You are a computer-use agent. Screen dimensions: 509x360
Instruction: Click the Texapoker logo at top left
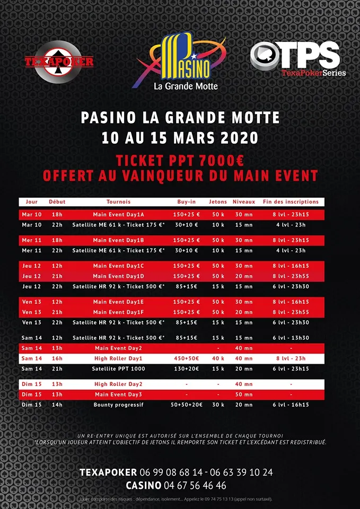(x=59, y=62)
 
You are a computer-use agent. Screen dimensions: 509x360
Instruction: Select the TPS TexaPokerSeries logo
(x=298, y=58)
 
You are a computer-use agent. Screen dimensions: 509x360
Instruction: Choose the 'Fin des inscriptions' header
(x=291, y=201)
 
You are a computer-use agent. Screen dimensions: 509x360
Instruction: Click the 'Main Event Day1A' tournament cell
(x=118, y=215)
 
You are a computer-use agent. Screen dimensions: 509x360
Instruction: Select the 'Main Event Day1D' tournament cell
(x=118, y=276)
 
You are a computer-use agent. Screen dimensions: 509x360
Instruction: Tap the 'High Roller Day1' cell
(x=118, y=358)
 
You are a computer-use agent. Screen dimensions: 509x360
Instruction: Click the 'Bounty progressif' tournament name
(x=118, y=405)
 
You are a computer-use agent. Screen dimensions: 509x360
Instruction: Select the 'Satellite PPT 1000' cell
(x=118, y=368)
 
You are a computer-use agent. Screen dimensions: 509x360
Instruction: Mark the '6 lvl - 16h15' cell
(x=291, y=405)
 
